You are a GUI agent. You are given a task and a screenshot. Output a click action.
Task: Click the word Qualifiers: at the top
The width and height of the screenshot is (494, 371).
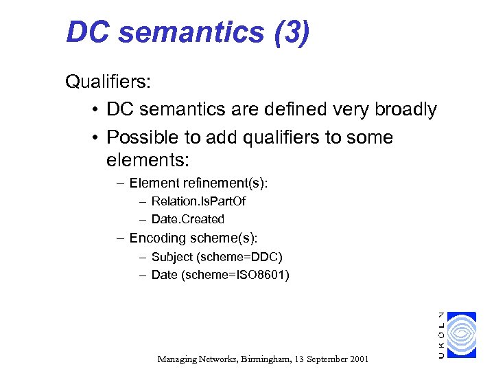coord(108,82)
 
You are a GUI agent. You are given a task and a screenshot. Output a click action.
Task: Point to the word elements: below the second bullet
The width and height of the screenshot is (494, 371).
coord(148,161)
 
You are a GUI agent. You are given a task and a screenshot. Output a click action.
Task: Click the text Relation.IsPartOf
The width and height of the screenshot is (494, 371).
coord(198,201)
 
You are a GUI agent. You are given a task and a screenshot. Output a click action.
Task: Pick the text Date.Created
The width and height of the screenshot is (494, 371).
coord(188,219)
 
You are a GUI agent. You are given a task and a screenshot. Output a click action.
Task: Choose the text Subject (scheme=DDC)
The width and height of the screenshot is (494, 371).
coord(217,257)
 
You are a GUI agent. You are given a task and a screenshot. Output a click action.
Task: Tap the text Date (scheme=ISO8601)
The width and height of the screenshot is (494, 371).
coord(220,275)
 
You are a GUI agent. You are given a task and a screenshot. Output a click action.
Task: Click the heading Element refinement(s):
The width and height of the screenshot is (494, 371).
coord(198,183)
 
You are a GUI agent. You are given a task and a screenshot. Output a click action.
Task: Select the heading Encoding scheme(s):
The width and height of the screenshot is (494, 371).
coord(193,238)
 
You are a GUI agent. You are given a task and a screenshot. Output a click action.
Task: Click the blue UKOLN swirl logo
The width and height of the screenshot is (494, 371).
coord(460,335)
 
